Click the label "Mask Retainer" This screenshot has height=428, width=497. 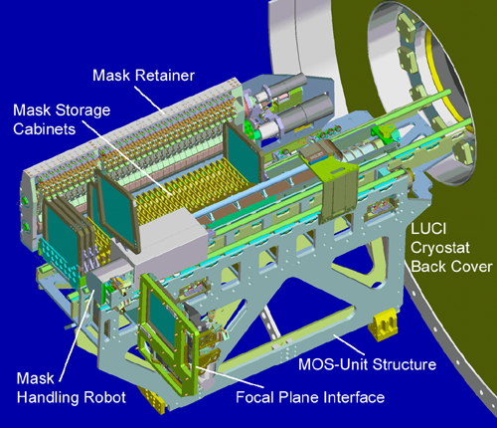(143, 76)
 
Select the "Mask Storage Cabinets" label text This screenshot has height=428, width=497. (62, 119)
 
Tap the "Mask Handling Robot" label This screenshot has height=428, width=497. (72, 388)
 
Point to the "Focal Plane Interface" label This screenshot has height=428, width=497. (310, 397)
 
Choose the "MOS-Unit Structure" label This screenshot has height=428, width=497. (367, 364)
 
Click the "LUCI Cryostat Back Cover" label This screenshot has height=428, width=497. (451, 248)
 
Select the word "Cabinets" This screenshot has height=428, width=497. (45, 129)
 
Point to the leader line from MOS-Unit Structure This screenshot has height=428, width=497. (349, 345)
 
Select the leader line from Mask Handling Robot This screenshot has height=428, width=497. (78, 335)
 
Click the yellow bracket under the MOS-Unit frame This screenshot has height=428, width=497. (382, 324)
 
